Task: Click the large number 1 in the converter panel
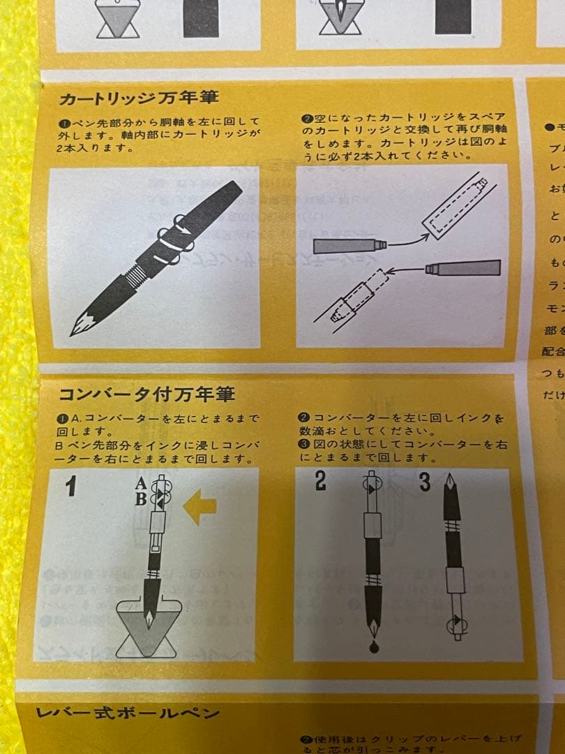[70, 486]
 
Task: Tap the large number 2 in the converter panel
[320, 482]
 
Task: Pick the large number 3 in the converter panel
[425, 482]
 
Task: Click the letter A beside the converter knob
[141, 483]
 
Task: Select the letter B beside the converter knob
[141, 498]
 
